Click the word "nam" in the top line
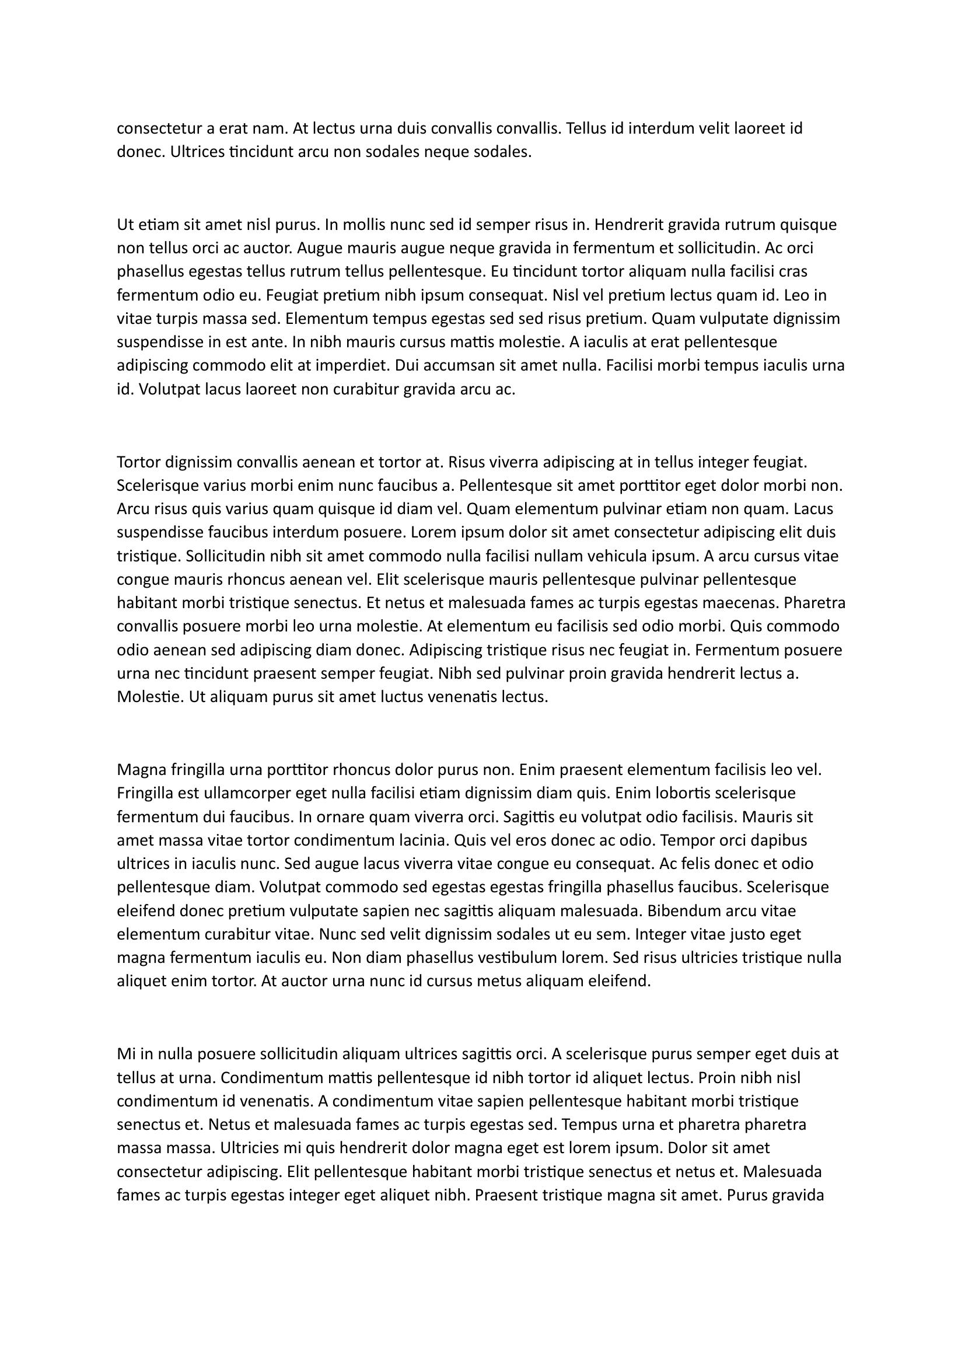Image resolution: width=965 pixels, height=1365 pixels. [x=271, y=128]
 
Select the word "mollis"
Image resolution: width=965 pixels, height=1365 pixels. [x=360, y=225]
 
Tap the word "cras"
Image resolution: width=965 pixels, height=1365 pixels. [x=793, y=272]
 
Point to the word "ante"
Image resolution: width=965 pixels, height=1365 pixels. [x=270, y=343]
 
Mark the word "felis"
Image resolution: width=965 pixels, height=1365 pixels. [x=693, y=864]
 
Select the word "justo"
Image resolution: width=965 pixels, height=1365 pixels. [x=747, y=934]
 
